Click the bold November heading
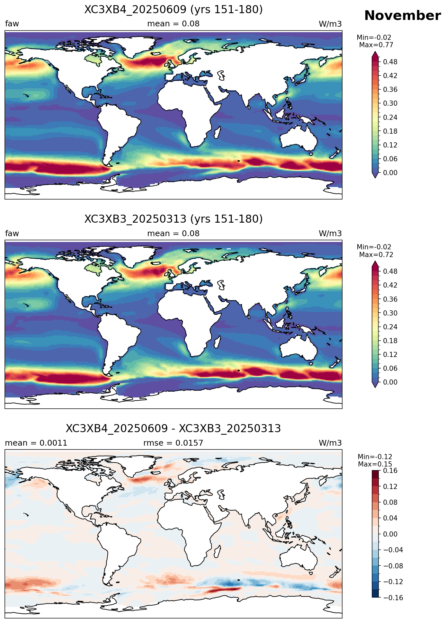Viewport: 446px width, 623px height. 402,15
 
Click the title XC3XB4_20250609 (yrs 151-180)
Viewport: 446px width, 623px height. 174,10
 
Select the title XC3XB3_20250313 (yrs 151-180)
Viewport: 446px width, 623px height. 174,219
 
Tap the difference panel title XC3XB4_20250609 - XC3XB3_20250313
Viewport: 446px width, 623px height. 174,429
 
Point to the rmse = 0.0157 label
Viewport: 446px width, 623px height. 173,443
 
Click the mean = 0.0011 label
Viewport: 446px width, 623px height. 36,443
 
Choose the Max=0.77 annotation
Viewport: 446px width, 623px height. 376,45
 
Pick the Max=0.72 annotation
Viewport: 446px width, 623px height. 376,255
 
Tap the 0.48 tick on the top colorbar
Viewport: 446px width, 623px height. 390,62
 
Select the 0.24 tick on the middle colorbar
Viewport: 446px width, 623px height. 390,327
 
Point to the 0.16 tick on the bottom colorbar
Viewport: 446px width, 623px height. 390,471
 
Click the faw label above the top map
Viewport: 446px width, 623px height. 12,24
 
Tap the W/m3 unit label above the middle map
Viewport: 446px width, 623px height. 330,234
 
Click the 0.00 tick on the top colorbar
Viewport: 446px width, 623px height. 390,173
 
